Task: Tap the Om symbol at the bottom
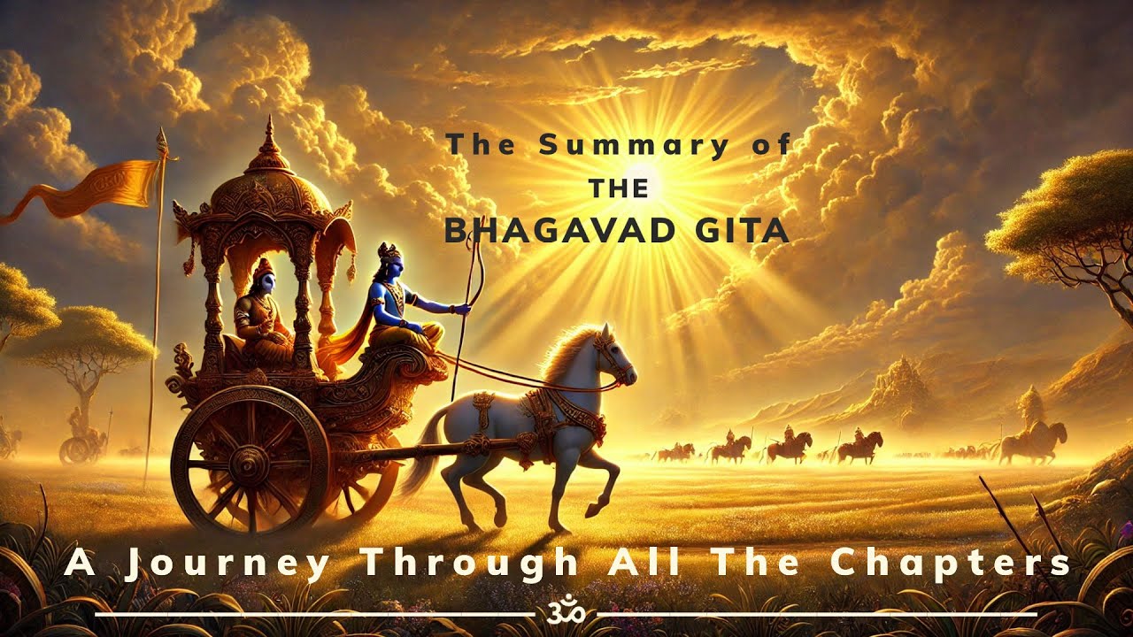pos(566,612)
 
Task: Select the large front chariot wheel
pos(250,463)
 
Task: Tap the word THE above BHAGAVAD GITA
pos(618,188)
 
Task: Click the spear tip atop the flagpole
pos(161,140)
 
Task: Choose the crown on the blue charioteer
pos(388,251)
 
